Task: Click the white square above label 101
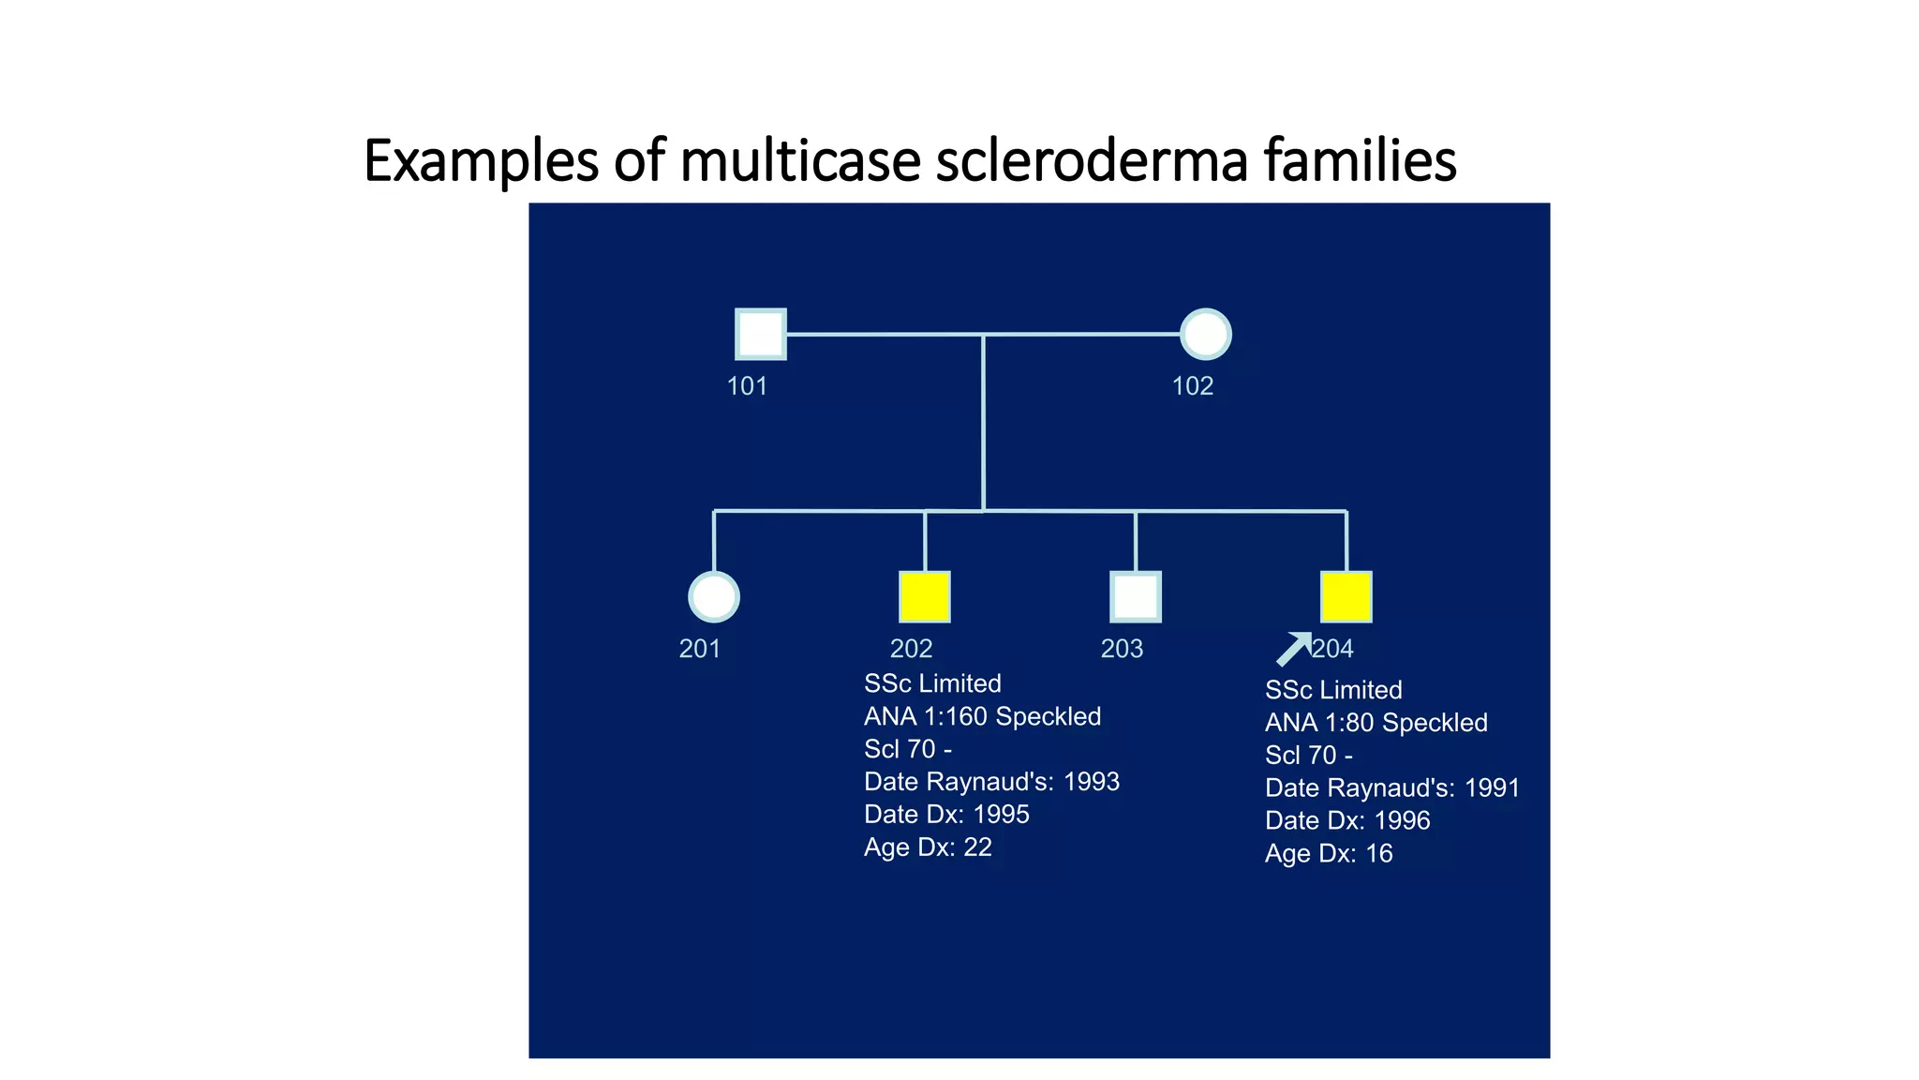coord(760,334)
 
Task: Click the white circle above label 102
coord(1205,334)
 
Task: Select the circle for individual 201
coord(714,597)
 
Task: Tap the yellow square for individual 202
coord(925,597)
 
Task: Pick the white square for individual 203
coord(1136,597)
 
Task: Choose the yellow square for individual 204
coord(1346,597)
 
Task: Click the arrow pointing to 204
coord(1294,649)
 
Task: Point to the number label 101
coord(747,386)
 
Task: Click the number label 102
coord(1192,386)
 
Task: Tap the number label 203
coord(1122,649)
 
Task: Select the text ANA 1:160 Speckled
coord(982,716)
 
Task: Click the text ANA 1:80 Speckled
coord(1376,723)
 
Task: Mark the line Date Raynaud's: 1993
coord(991,782)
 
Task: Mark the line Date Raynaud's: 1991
coord(1391,788)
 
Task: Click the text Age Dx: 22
coord(928,847)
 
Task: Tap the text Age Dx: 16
coord(1328,854)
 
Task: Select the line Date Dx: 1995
coord(946,815)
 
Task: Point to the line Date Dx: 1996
coord(1346,821)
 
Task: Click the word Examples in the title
coord(481,160)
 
